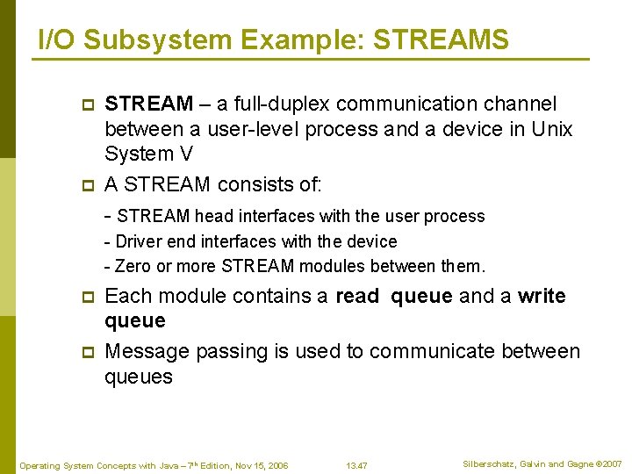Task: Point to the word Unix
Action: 552,129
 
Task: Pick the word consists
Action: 256,184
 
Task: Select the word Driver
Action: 138,241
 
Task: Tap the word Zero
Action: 133,266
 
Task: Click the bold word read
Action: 357,297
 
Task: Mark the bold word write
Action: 542,297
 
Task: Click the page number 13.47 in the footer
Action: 356,465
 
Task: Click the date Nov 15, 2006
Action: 261,465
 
